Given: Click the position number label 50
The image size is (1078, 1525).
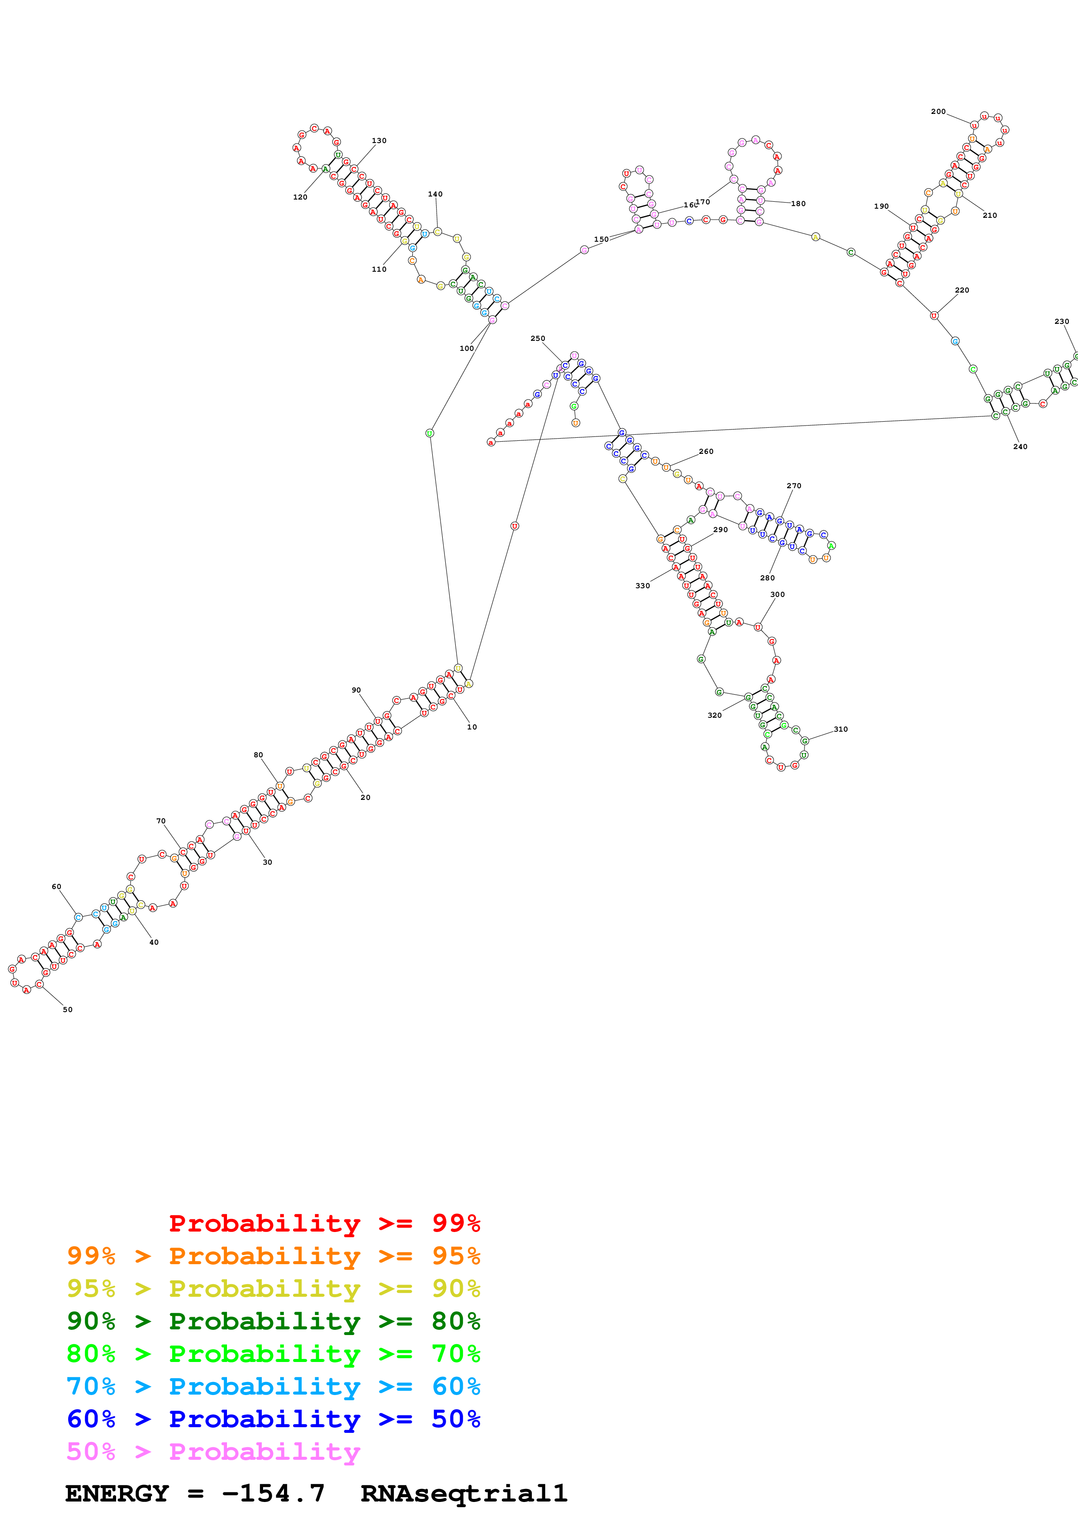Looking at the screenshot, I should point(68,1009).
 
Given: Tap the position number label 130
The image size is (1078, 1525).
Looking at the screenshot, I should point(379,141).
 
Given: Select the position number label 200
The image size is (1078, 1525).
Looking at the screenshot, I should point(938,112).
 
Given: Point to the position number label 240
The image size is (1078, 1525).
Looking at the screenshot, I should point(1020,446).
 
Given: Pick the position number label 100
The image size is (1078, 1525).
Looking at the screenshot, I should point(467,348).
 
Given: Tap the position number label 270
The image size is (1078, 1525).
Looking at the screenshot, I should point(794,486).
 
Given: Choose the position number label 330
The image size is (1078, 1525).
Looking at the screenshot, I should point(642,586).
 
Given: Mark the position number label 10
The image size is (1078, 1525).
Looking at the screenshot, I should point(471,726).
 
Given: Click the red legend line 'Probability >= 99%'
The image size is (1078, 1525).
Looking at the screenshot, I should point(324,1223).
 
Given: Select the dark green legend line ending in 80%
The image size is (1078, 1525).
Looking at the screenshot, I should point(273,1321).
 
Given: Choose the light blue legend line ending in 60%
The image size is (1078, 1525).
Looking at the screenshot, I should point(273,1386).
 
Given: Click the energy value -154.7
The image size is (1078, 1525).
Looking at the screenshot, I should point(273,1494).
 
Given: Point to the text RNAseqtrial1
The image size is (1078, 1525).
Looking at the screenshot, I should point(464,1494).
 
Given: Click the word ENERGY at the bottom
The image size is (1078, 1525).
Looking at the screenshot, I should point(117,1494).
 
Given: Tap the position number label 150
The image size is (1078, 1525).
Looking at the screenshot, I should point(601,239).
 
